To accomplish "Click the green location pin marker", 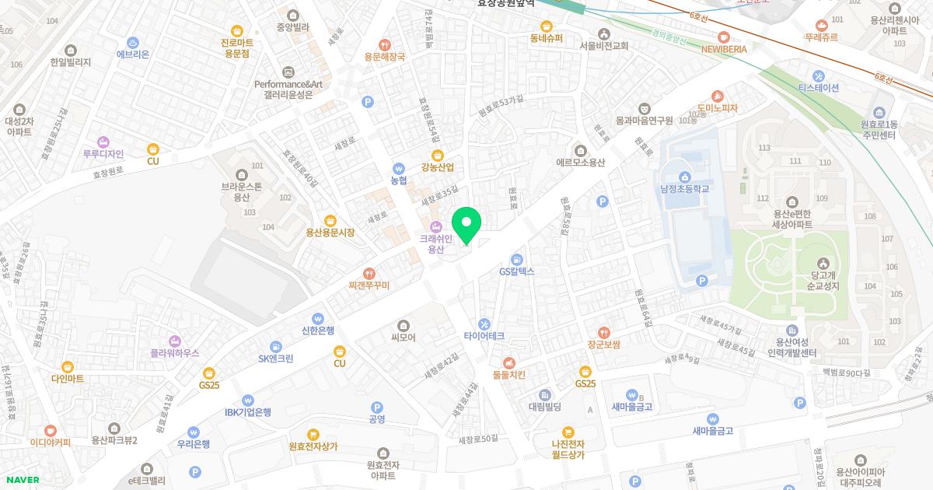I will (466, 226).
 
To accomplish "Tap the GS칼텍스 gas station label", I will (517, 271).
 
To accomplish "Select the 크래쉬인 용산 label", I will (435, 244).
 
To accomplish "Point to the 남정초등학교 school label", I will (685, 188).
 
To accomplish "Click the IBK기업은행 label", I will (247, 412).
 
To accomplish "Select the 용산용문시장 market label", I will (330, 232).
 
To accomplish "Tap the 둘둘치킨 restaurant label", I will (509, 374).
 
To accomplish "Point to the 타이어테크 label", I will (484, 336).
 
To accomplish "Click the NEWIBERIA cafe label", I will (724, 48).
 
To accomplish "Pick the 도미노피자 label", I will (717, 108).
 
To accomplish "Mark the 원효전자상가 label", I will (313, 446).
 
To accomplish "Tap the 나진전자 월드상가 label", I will (568, 449).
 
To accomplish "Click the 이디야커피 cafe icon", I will (51, 430).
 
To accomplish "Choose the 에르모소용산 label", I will (580, 162).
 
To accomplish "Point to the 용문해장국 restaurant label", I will (384, 57).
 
